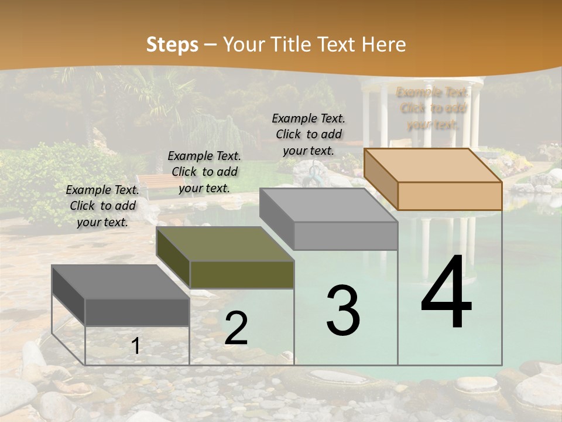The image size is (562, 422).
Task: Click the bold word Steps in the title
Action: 172,45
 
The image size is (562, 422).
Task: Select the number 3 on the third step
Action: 343,311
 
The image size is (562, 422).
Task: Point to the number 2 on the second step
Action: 236,328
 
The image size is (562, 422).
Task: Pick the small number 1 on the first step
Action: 135,346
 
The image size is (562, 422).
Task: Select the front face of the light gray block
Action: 345,236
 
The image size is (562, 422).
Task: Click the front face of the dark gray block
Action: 137,312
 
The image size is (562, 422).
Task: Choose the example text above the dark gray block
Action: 102,206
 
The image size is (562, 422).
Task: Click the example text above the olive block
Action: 204,172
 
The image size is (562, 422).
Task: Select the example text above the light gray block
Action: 309,134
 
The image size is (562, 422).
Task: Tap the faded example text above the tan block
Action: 433,108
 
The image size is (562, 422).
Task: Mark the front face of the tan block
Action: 450,195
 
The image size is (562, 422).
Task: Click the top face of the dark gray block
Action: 121,281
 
